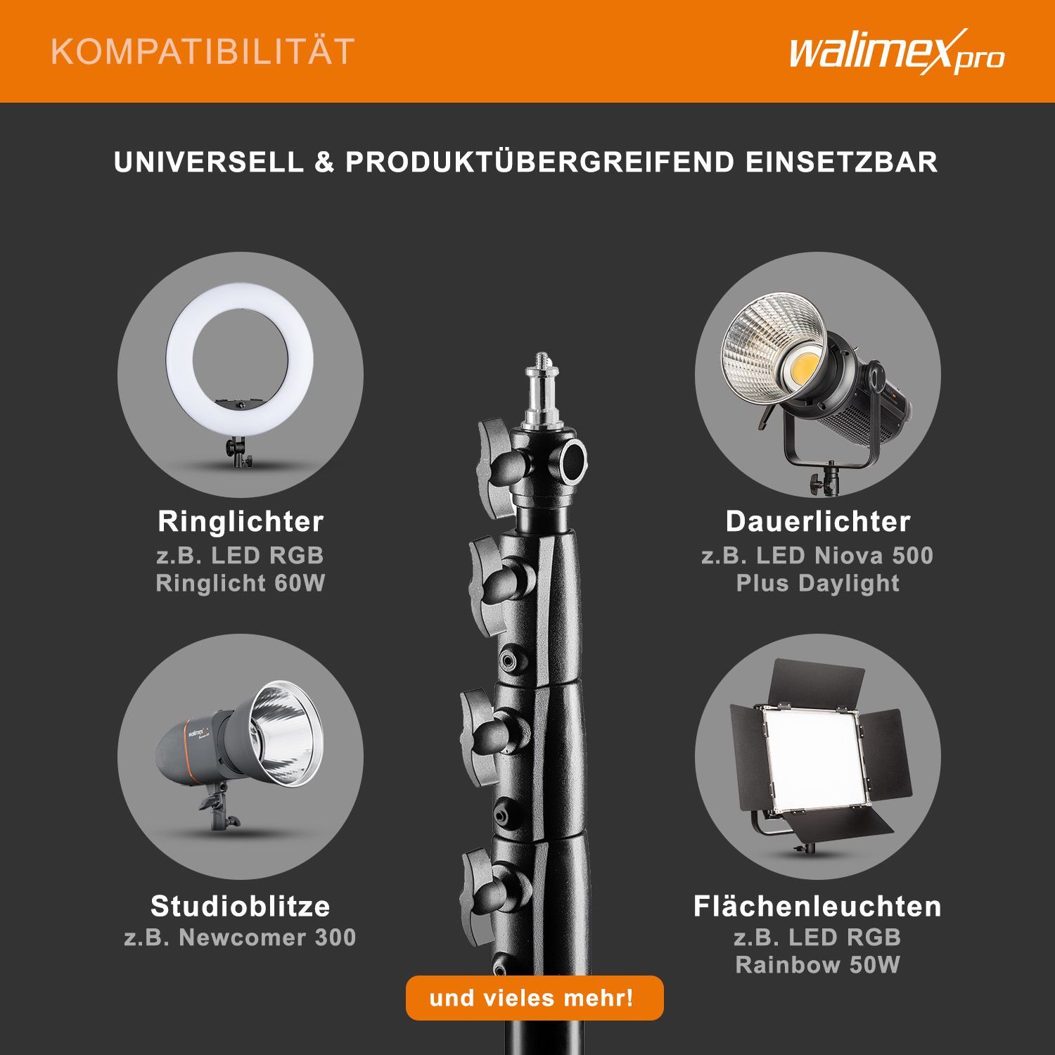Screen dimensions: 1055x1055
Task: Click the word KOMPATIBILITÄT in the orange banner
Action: [203, 52]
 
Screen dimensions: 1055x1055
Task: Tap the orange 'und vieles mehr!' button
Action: [535, 997]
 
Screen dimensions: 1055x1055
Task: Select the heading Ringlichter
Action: [241, 522]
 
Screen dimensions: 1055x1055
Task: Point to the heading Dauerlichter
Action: [818, 522]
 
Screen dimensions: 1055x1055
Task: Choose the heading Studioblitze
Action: [241, 906]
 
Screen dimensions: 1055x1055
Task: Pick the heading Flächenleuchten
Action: [817, 906]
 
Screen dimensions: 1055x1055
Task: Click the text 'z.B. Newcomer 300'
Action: [240, 938]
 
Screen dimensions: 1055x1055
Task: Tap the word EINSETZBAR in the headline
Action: [841, 162]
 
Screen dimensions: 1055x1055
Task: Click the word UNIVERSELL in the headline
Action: [208, 162]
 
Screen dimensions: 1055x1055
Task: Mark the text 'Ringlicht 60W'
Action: [241, 583]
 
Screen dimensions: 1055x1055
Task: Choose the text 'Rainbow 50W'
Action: [817, 965]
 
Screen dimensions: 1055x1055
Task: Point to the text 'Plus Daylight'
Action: [818, 583]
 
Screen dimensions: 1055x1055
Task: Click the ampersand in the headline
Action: [324, 162]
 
